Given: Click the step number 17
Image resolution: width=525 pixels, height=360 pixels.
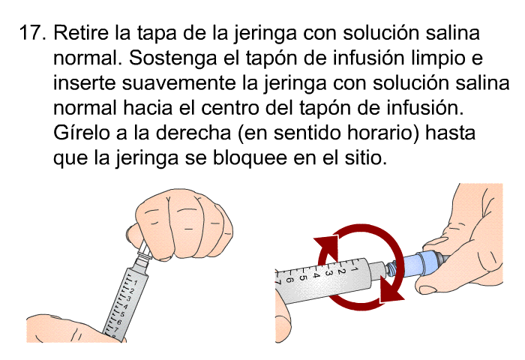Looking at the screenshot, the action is [x=33, y=33].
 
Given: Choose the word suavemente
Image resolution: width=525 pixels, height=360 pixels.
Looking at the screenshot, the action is [x=178, y=83].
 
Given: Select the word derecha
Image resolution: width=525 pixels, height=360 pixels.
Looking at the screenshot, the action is [x=193, y=133].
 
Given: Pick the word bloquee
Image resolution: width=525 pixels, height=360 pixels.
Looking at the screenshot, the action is [x=250, y=158].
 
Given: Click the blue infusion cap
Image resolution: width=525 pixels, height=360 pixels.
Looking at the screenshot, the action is [x=420, y=263].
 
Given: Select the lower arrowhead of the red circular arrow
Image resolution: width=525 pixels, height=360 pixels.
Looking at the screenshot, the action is [x=391, y=290].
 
